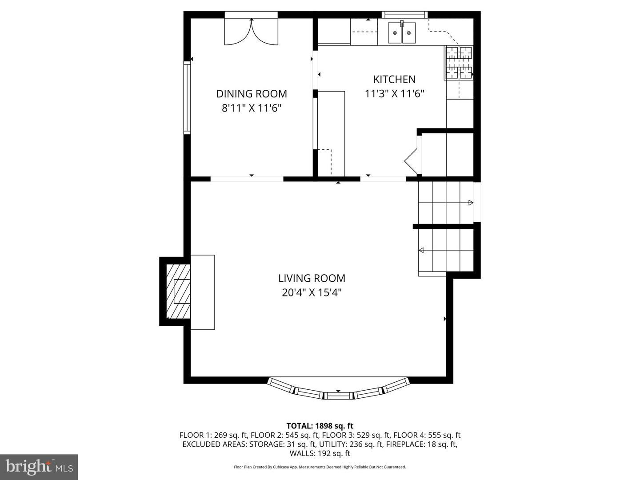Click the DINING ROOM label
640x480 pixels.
[252, 94]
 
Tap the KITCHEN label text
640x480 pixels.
[394, 80]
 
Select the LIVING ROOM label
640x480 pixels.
[312, 278]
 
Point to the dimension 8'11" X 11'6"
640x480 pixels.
[252, 108]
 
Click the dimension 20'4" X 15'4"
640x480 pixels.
[312, 292]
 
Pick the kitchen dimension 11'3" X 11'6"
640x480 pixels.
[394, 94]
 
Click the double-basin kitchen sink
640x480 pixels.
[402, 32]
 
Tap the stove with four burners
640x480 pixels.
[459, 63]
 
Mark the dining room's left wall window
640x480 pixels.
[187, 98]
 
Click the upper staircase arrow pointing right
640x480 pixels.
[470, 203]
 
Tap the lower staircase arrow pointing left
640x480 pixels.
[421, 251]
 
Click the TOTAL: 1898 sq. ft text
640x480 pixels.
[320, 426]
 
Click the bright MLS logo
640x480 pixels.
[39, 467]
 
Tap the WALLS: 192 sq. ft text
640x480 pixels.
[320, 453]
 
